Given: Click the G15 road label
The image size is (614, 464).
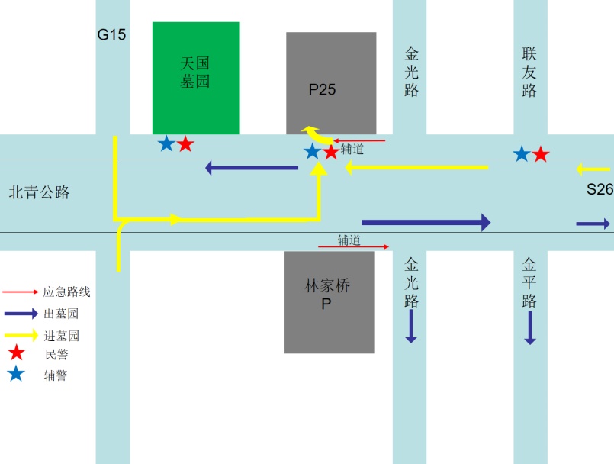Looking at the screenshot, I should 111,34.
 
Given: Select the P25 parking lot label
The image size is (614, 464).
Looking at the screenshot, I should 322,89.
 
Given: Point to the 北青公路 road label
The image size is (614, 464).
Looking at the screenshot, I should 39,192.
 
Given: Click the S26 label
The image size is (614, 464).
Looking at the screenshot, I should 600,189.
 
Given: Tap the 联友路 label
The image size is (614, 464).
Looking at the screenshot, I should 530,72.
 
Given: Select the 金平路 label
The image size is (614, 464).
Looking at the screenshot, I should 530,282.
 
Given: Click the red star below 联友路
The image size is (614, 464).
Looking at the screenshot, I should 541,155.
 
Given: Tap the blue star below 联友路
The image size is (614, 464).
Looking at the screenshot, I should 522,155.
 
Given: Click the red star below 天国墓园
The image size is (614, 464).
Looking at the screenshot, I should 185,143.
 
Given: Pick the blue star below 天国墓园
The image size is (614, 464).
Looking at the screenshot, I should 166,143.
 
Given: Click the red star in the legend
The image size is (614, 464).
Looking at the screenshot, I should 16,353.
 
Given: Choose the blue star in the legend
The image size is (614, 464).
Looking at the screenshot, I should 16,374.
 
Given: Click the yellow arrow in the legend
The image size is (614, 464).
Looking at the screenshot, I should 21,334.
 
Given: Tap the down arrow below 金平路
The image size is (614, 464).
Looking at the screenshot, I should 530,329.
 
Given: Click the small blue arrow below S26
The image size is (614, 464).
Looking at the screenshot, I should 593,224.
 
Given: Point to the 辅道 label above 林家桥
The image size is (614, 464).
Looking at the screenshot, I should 349,240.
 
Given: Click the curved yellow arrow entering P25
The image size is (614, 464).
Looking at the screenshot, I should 317,134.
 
